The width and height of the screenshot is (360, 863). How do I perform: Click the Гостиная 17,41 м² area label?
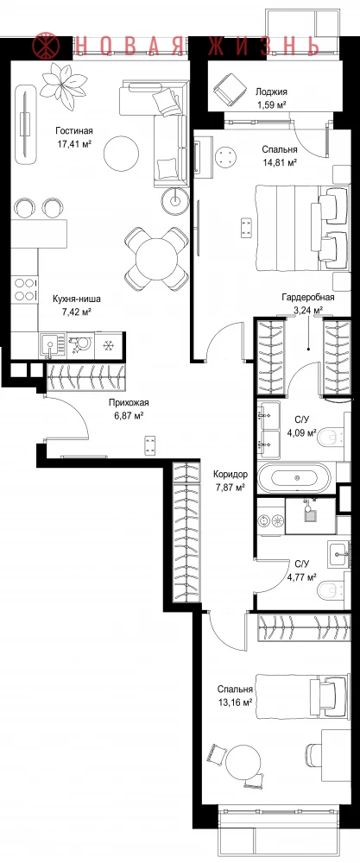tap(73, 137)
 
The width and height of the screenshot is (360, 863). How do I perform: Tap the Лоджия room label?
tap(271, 92)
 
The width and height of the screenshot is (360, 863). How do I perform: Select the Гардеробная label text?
tap(307, 297)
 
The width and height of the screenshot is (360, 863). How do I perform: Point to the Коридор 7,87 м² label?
tap(231, 479)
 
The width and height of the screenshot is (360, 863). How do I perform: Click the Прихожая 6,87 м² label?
tap(129, 408)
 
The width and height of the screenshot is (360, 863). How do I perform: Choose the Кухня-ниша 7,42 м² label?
tap(77, 305)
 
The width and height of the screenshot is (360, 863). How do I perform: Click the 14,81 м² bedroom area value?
tap(280, 162)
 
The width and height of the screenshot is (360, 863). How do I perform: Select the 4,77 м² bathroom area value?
tap(301, 577)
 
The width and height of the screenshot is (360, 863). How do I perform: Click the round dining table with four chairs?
tap(156, 259)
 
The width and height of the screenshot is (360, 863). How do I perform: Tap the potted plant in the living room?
tap(64, 80)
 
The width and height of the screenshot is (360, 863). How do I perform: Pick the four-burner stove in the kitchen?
tap(24, 288)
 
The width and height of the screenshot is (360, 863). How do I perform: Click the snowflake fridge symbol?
tap(109, 345)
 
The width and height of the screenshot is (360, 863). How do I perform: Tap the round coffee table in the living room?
tap(121, 154)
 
